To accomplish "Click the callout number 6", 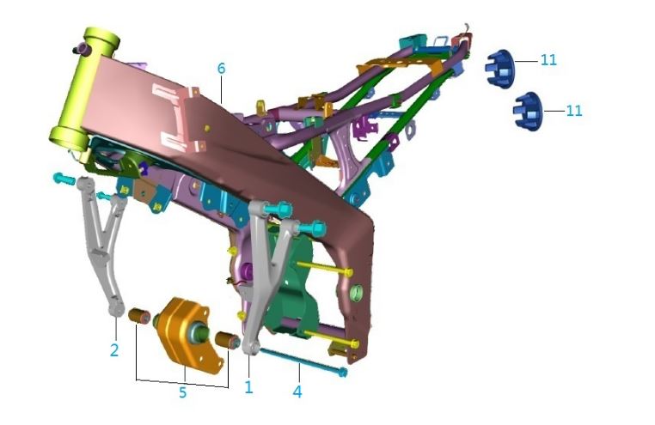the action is pyautogui.click(x=222, y=69).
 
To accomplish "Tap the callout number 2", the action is pyautogui.click(x=114, y=350).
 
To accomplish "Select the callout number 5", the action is pyautogui.click(x=182, y=392).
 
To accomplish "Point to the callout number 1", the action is pyautogui.click(x=248, y=387).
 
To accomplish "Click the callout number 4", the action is pyautogui.click(x=297, y=392).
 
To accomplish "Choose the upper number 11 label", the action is pyautogui.click(x=548, y=60).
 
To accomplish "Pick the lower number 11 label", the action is pyautogui.click(x=574, y=111).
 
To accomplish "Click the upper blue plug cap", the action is pyautogui.click(x=499, y=69).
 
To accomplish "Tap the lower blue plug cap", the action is pyautogui.click(x=528, y=112).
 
